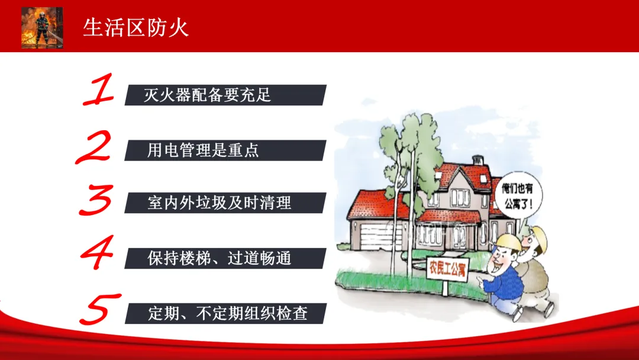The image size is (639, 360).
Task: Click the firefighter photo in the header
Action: [x=42, y=28]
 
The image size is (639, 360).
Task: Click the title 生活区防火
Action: [x=135, y=28]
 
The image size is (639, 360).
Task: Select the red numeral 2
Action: [x=94, y=147]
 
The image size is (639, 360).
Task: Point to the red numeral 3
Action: [x=96, y=200]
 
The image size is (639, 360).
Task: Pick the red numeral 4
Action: [x=98, y=252]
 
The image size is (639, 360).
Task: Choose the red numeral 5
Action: [x=99, y=309]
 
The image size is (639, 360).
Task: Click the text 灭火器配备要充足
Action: [x=208, y=95]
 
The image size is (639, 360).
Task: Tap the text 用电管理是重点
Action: [x=203, y=150]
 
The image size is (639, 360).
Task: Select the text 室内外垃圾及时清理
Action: [x=220, y=202]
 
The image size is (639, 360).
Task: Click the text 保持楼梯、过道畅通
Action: [x=220, y=258]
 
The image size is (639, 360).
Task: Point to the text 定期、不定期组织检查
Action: [x=227, y=313]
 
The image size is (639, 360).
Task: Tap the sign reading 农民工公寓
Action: [x=447, y=269]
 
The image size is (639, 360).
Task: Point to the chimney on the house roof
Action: [x=477, y=160]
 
